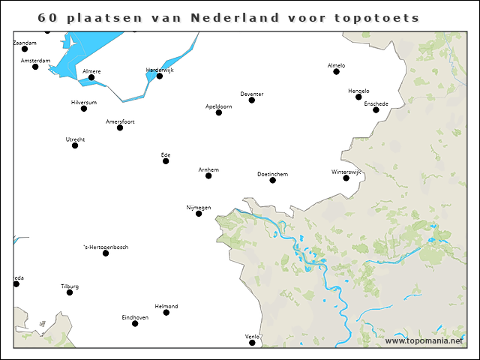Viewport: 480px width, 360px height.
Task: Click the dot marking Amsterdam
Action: click(x=35, y=67)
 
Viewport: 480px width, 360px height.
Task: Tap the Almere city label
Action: click(x=91, y=70)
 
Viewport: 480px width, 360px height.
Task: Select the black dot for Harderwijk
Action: click(x=160, y=76)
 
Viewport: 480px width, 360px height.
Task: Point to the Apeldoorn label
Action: click(x=218, y=106)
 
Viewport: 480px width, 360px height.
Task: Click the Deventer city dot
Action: click(x=252, y=100)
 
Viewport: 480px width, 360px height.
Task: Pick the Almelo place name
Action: click(x=337, y=65)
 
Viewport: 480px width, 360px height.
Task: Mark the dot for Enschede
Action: click(x=376, y=110)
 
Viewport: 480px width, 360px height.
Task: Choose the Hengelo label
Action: click(x=358, y=91)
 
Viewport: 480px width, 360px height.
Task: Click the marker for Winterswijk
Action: click(x=346, y=178)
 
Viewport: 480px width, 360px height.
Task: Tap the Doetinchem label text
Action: click(x=272, y=174)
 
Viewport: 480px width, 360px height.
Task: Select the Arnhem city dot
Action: click(x=208, y=175)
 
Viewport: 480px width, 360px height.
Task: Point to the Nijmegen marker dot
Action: click(x=199, y=214)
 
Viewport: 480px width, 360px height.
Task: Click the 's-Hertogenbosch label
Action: click(x=106, y=247)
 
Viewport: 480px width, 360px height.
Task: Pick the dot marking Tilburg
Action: click(x=70, y=292)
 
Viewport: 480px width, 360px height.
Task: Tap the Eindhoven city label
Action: click(x=135, y=317)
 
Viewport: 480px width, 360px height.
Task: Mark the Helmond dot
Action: click(x=166, y=312)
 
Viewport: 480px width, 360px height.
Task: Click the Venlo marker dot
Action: click(x=252, y=343)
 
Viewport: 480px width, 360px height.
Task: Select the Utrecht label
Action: click(x=75, y=139)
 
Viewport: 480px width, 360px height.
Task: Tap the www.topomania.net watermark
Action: click(x=424, y=340)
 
